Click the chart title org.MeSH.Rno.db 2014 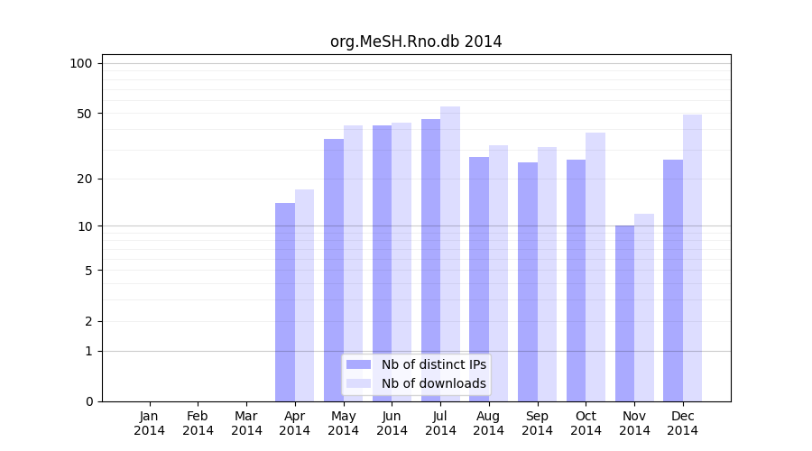[x=416, y=41]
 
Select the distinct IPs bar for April [x=285, y=302]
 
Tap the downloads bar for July [x=450, y=253]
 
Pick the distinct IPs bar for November [x=624, y=313]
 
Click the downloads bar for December [x=692, y=258]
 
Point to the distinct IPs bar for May [x=334, y=270]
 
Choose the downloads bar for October [x=595, y=267]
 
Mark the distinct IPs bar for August [x=479, y=279]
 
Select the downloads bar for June [x=401, y=262]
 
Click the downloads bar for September [x=547, y=274]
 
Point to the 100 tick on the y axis [x=81, y=63]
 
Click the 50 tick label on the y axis [x=84, y=114]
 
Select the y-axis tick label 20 [x=84, y=179]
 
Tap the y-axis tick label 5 [x=88, y=270]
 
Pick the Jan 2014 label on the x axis [x=150, y=423]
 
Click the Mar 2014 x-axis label [x=246, y=423]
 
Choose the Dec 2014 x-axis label [x=683, y=423]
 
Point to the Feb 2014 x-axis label [x=198, y=423]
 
